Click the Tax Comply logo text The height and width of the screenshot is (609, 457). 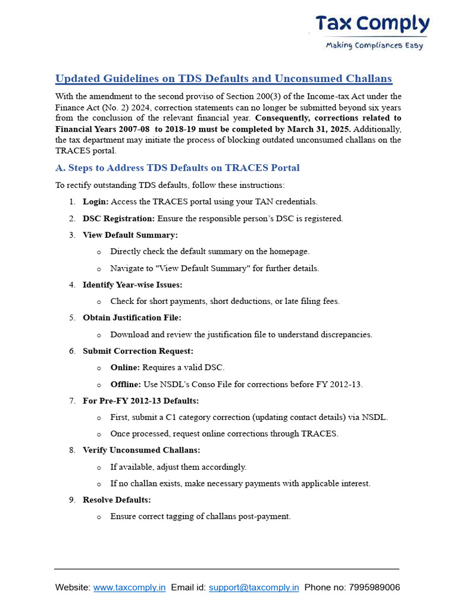click(x=373, y=24)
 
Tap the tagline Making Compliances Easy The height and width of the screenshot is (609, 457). click(x=374, y=46)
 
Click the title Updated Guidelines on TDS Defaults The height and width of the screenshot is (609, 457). click(x=223, y=79)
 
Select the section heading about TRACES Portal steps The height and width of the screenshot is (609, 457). click(x=177, y=168)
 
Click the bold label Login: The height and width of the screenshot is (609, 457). click(x=96, y=202)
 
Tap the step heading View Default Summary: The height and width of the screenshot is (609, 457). click(x=130, y=235)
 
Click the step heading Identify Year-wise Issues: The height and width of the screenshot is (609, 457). click(x=133, y=285)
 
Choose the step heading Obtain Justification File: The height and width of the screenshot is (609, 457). click(x=132, y=318)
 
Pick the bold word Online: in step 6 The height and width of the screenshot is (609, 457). click(x=125, y=368)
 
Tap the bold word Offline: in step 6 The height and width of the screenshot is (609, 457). click(x=126, y=384)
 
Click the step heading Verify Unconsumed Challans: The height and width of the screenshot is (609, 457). click(x=142, y=450)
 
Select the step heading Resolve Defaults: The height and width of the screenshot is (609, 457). click(x=117, y=500)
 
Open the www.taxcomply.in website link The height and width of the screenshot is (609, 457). click(x=129, y=588)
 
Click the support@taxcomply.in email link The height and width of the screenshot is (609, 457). click(x=253, y=588)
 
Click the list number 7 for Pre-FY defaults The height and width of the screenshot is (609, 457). click(x=71, y=401)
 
